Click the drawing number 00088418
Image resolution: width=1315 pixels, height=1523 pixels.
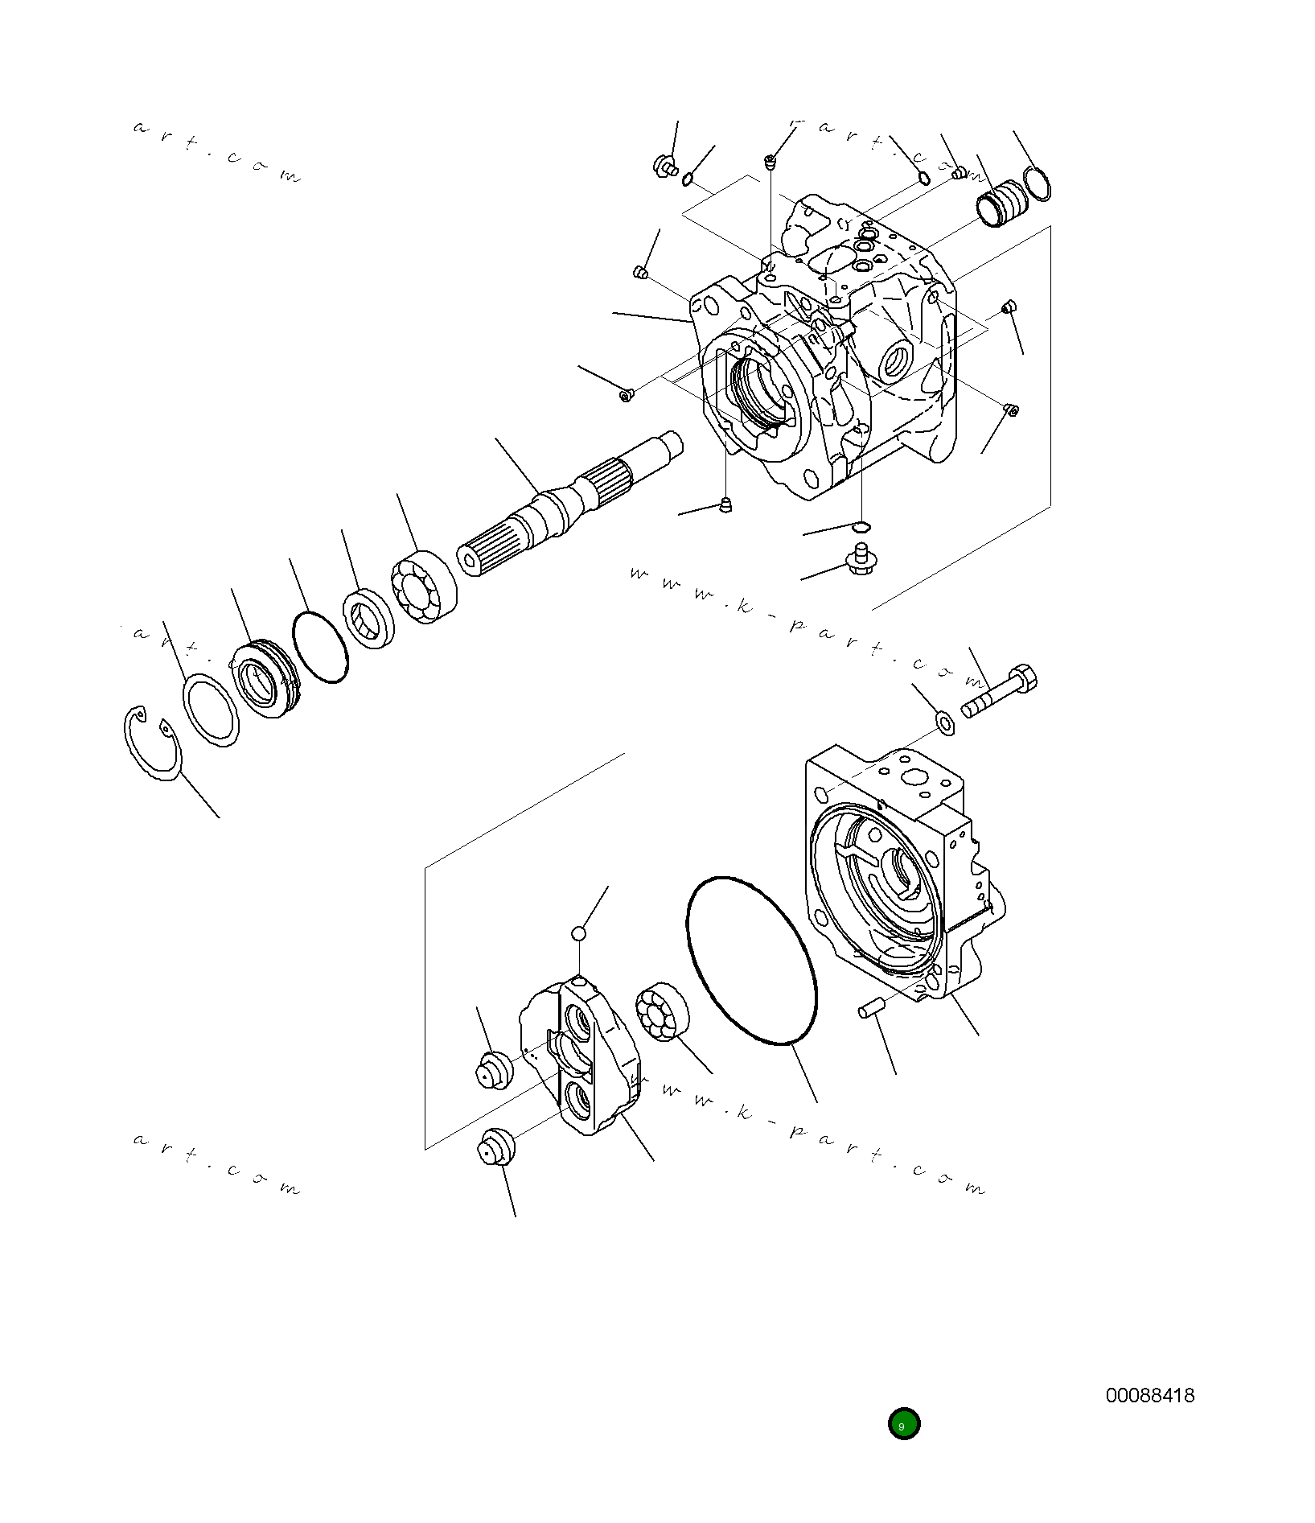point(1149,1395)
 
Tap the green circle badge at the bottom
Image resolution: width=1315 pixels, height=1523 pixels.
point(903,1423)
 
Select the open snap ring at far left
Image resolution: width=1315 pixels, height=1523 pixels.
point(153,743)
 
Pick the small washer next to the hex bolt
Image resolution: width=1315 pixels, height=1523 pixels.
point(945,722)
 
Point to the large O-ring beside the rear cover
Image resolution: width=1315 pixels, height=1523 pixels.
point(751,961)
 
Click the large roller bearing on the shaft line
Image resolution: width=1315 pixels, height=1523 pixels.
point(423,587)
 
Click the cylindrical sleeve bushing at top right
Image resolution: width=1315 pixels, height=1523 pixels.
point(1001,205)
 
